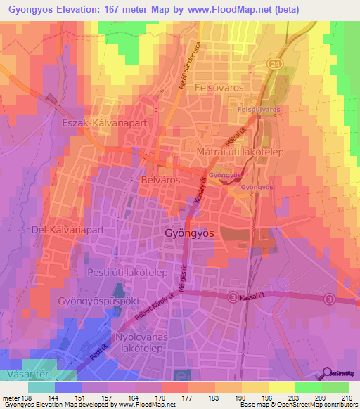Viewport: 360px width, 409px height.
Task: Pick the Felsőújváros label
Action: click(x=259, y=111)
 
